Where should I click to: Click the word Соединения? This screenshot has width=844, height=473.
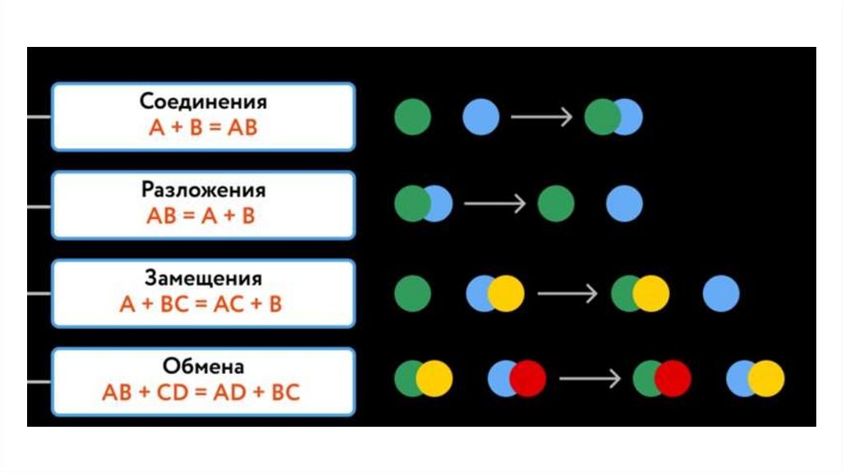[203, 103]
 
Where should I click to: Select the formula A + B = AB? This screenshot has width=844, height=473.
[203, 129]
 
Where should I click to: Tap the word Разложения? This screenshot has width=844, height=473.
[203, 191]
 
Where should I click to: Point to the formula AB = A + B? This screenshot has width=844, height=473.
[203, 216]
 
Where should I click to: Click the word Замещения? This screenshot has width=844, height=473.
[203, 279]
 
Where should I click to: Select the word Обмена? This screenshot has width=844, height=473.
[203, 366]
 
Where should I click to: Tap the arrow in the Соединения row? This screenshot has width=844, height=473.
[541, 117]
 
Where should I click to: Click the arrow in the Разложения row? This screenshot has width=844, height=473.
[495, 204]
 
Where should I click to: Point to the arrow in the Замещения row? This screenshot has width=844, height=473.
[567, 293]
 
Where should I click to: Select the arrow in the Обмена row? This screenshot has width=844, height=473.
[589, 378]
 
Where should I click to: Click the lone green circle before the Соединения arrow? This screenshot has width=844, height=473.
[413, 117]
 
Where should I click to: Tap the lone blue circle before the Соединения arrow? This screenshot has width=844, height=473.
[481, 117]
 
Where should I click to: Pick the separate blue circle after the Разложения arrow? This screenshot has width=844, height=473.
[624, 204]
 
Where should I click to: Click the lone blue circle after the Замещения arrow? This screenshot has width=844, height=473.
[721, 293]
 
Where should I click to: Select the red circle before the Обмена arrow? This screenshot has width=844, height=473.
[528, 378]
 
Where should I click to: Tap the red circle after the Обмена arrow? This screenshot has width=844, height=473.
[673, 378]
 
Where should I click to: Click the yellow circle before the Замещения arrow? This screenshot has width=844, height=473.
[506, 293]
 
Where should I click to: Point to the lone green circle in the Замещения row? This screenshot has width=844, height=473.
[413, 293]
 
